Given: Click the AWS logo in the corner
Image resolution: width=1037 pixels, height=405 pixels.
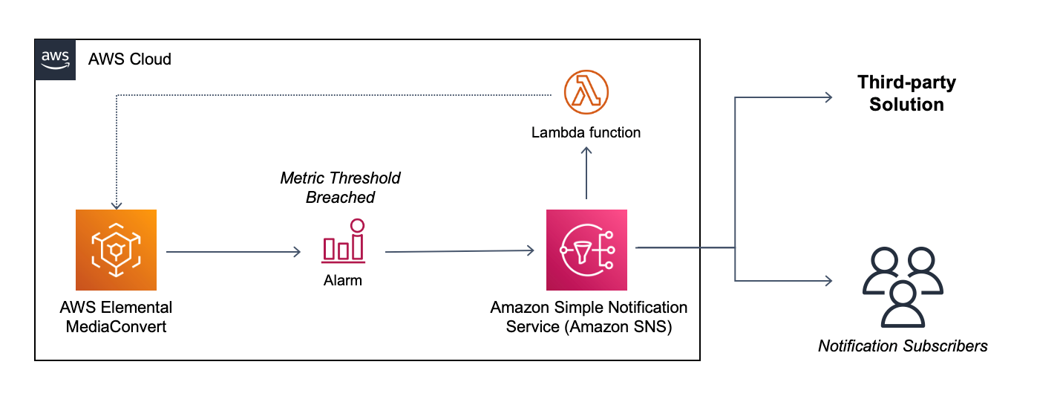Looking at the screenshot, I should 55,59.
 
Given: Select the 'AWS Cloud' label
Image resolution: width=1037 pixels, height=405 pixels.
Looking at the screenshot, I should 129,59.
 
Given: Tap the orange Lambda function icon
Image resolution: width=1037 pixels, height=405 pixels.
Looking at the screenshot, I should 586,93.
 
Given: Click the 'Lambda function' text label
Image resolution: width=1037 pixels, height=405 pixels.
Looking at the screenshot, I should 586,133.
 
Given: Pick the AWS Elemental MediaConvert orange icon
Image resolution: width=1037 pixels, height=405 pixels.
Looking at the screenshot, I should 116,250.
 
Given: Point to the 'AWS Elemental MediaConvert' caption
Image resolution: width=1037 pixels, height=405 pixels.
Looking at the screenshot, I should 116,317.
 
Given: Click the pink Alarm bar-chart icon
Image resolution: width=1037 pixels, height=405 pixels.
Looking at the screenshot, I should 343,242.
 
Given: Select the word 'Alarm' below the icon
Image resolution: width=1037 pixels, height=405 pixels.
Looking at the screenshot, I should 343,281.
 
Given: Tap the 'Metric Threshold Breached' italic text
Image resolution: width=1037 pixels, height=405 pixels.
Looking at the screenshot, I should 340,187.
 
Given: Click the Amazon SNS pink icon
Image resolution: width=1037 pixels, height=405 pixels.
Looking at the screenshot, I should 586,250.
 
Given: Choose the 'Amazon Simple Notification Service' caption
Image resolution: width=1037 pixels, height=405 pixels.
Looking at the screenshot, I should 589,317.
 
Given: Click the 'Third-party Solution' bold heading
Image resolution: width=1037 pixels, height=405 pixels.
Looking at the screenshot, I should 906,94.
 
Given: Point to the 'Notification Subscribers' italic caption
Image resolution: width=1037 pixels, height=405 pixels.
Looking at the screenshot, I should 903,346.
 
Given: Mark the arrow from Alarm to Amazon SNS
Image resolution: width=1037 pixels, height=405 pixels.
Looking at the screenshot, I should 460,251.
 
